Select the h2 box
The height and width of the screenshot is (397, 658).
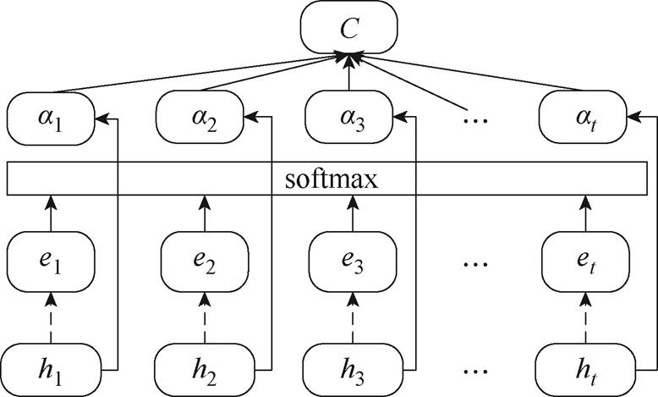tap(202, 369)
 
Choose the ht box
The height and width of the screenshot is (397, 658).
tap(584, 369)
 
